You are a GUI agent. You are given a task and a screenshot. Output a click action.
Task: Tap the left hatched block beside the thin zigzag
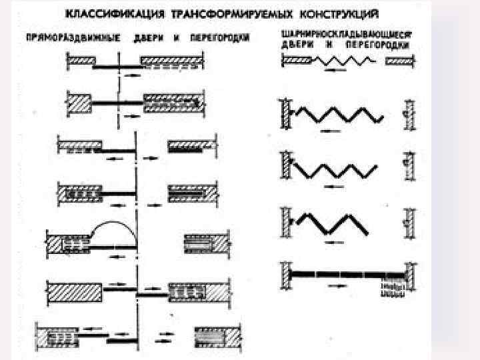pos(297,61)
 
